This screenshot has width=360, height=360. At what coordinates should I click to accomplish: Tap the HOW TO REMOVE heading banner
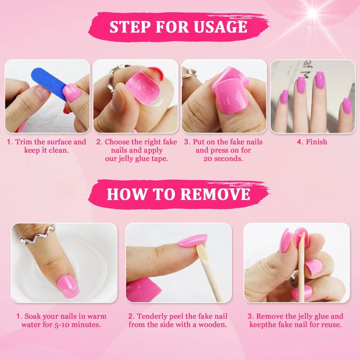pos(179,194)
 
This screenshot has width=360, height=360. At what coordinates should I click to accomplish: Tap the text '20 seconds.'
pos(223,159)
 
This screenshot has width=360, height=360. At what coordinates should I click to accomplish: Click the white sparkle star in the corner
pos(312,13)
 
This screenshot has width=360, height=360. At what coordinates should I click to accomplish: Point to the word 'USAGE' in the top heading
pos(220,26)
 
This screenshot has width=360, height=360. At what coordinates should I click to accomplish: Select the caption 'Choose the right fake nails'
pos(136,146)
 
